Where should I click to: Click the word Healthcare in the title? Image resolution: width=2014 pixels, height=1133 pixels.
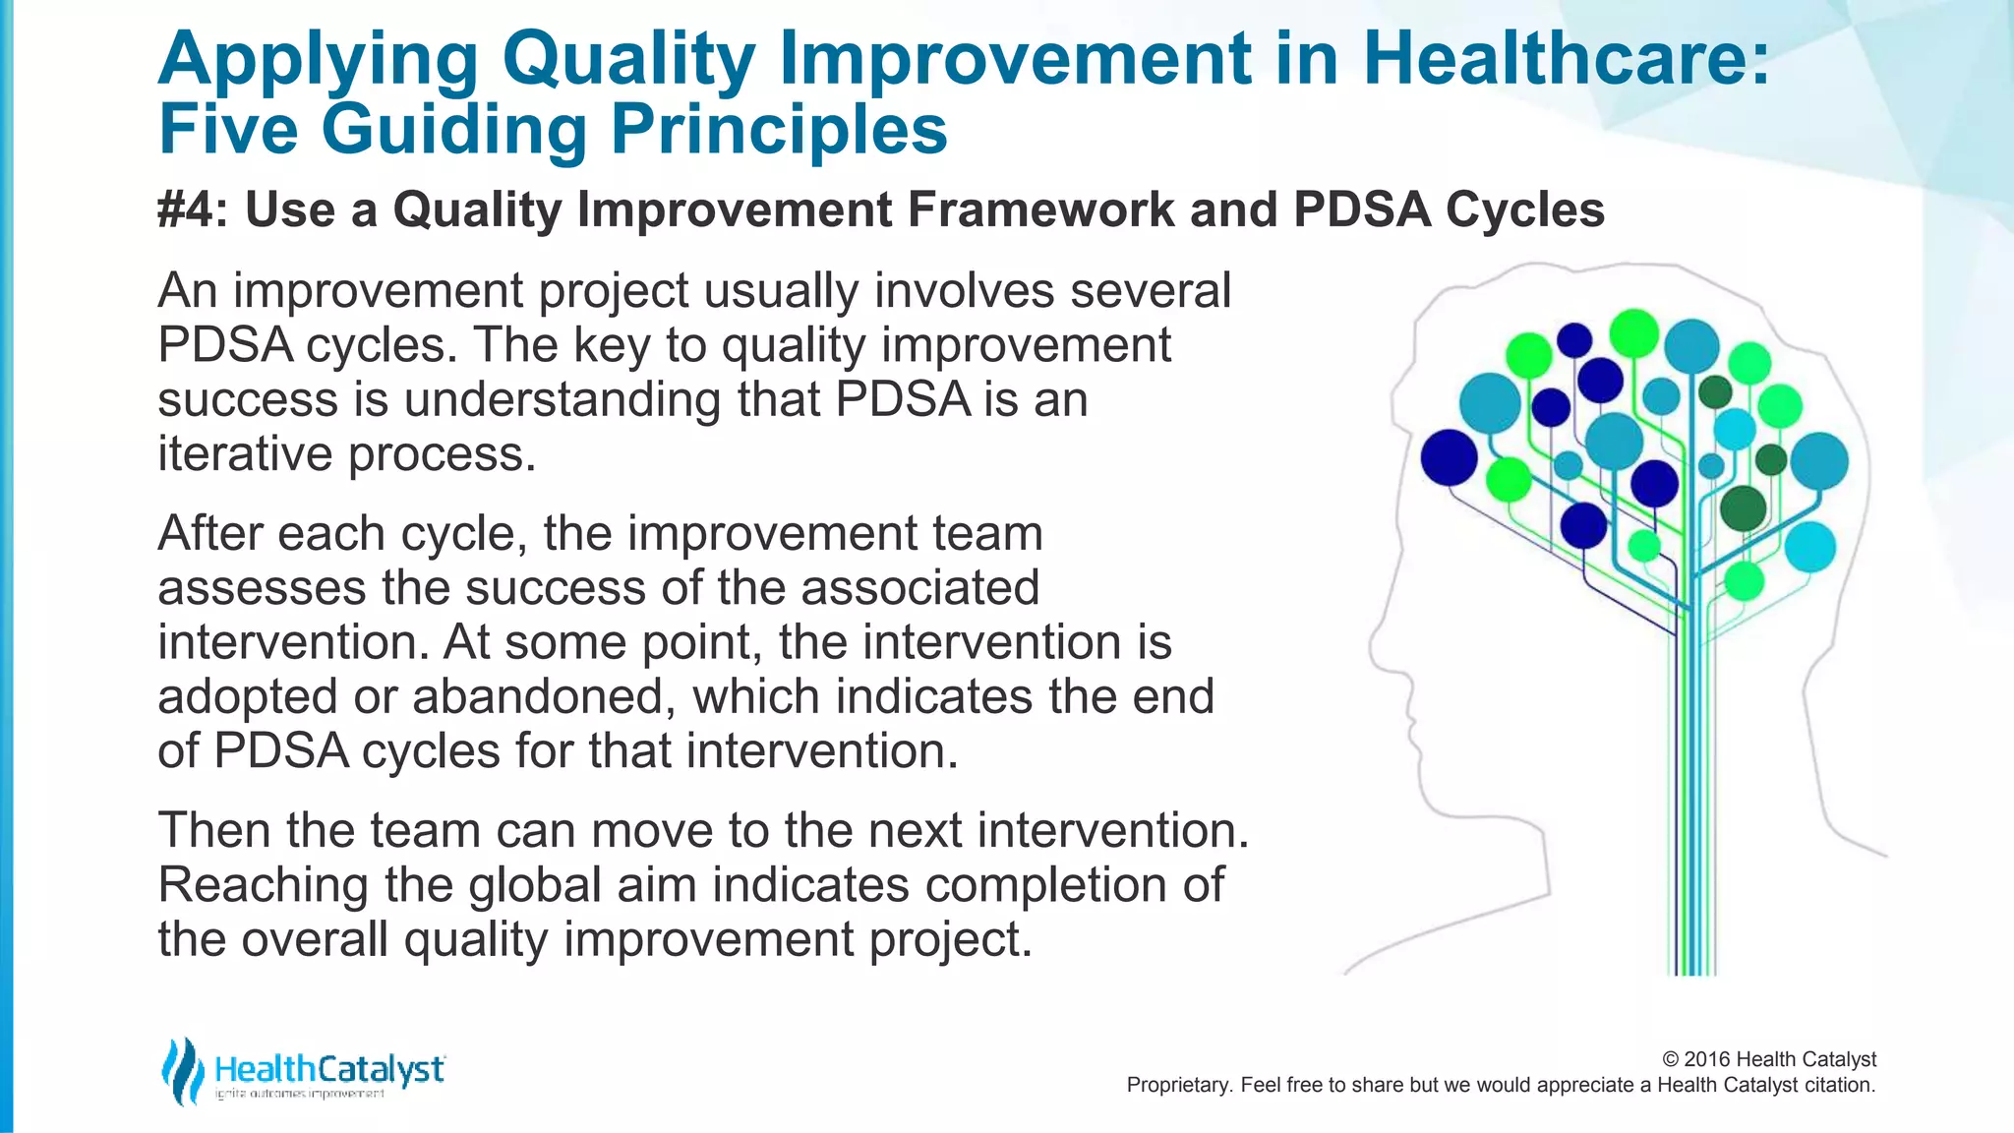(x=1565, y=59)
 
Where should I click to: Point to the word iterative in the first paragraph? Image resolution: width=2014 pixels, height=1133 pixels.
(x=244, y=454)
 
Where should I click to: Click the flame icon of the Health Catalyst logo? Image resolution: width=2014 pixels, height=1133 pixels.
(x=182, y=1071)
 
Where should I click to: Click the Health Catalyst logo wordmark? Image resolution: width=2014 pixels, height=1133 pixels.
(x=329, y=1069)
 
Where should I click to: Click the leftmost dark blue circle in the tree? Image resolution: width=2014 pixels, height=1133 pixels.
(x=1449, y=457)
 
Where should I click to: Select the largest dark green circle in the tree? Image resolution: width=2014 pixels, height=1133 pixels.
(x=1743, y=508)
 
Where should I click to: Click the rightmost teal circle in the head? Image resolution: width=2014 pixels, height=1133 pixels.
(x=1818, y=461)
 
